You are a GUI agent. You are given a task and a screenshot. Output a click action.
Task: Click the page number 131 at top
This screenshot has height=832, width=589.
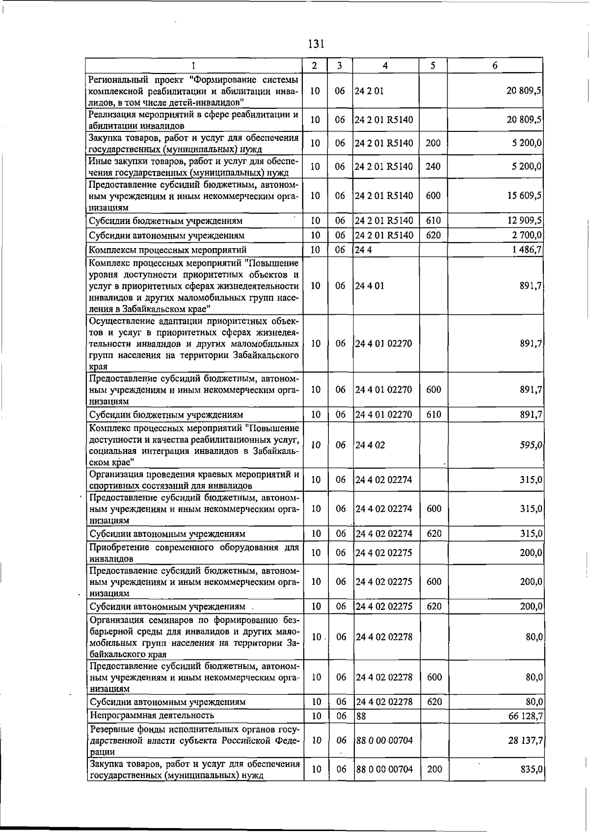(316, 44)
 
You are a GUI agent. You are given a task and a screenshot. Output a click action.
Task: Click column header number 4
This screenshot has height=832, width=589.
(385, 66)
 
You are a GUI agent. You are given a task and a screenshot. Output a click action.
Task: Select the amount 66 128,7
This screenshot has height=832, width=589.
(525, 716)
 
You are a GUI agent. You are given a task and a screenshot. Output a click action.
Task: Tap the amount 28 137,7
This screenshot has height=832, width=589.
(525, 740)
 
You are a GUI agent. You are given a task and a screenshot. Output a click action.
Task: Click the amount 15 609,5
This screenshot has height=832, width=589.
(524, 195)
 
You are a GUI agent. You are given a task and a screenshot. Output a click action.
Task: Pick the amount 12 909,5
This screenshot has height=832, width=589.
(524, 221)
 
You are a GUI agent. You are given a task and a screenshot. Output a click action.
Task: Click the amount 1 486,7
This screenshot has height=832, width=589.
(527, 250)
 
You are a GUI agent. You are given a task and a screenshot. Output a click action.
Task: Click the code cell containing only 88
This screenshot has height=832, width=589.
(361, 716)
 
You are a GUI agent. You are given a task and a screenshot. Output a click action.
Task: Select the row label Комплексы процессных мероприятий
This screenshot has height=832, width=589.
(167, 250)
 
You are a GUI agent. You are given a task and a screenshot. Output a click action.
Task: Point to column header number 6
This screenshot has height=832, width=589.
(495, 66)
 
